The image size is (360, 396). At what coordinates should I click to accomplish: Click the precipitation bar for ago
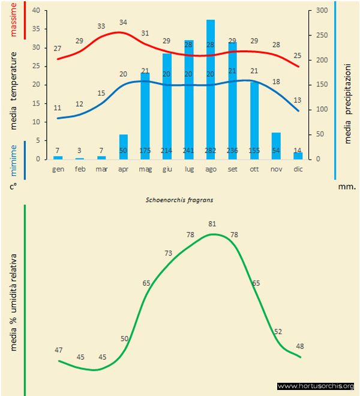[211, 90]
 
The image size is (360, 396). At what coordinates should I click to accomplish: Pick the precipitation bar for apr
[124, 146]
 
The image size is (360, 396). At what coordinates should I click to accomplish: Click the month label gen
[58, 169]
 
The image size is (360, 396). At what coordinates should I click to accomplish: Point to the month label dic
[298, 169]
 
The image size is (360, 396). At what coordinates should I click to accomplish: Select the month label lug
[189, 169]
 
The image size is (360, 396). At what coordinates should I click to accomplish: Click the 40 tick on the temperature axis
[35, 11]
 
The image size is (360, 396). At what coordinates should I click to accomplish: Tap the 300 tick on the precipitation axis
[321, 11]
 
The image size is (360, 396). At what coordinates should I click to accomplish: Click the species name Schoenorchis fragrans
[180, 200]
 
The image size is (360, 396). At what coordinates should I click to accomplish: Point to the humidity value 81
[212, 224]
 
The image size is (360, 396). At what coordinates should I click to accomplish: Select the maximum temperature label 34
[123, 22]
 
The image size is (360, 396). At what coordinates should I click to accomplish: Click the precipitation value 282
[211, 150]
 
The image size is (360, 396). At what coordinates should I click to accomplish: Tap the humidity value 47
[58, 350]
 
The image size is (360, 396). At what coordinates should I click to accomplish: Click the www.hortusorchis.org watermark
[316, 386]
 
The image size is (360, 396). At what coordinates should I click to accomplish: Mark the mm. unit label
[347, 187]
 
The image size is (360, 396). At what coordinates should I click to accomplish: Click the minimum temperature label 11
[58, 108]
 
